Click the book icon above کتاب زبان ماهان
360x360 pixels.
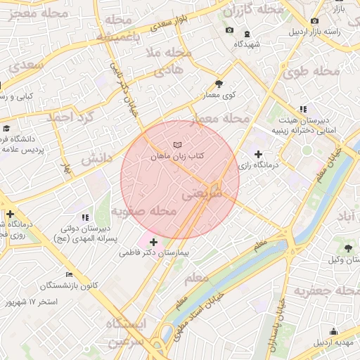coord(176,144)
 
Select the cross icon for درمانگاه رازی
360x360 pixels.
coord(258,154)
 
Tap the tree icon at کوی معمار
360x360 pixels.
coord(220,83)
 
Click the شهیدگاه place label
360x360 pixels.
coord(247,44)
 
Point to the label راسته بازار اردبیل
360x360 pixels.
coord(333,31)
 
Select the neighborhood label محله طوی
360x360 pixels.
coord(310,72)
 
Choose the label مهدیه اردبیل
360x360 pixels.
coord(334,342)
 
